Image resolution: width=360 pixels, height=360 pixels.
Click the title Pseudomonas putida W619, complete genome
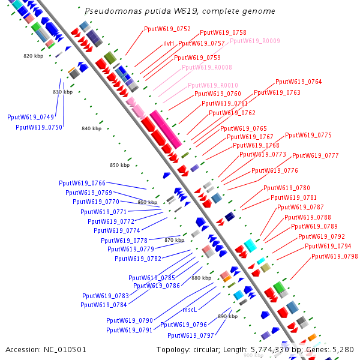pyautogui.click(x=180, y=11)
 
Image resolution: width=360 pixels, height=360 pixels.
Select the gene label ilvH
pyautogui.click(x=169, y=43)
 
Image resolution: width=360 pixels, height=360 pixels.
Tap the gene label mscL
pyautogui.click(x=190, y=310)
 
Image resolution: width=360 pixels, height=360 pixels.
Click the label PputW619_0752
pyautogui.click(x=167, y=29)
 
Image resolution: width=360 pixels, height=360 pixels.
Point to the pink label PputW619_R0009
pyautogui.click(x=255, y=41)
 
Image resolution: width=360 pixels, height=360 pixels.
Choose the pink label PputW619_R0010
pyautogui.click(x=213, y=85)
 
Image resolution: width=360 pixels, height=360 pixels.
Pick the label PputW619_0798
pyautogui.click(x=334, y=257)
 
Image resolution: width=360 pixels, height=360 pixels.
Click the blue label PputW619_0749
pyautogui.click(x=31, y=117)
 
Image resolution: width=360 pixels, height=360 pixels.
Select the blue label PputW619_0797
pyautogui.click(x=191, y=335)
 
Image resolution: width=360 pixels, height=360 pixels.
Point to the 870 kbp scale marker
pyautogui.click(x=174, y=240)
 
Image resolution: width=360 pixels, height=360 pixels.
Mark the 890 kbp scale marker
pyautogui.click(x=227, y=316)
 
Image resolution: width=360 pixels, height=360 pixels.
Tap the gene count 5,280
pyautogui.click(x=343, y=349)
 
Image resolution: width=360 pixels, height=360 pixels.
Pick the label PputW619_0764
pyautogui.click(x=298, y=82)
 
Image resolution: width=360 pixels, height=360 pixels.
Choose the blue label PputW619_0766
pyautogui.click(x=82, y=183)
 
